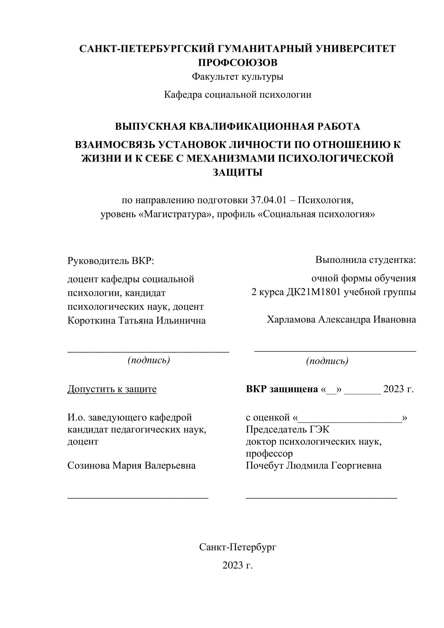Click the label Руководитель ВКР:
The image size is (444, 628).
(x=111, y=261)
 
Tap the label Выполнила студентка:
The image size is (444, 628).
(x=366, y=260)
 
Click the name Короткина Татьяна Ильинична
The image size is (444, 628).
(x=136, y=320)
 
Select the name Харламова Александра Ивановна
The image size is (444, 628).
(x=341, y=319)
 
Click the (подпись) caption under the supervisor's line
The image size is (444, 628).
(x=149, y=360)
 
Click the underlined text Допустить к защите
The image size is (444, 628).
(x=112, y=389)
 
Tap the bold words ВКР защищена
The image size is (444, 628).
(x=282, y=389)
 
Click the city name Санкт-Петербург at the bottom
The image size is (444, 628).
(x=238, y=547)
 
